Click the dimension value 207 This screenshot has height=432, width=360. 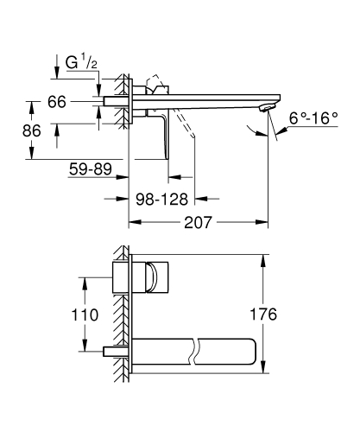(x=197, y=223)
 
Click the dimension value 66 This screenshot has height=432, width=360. (x=57, y=102)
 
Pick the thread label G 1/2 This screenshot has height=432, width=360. (x=80, y=63)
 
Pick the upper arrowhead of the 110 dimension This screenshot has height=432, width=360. (x=84, y=281)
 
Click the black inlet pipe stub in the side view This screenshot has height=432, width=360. (x=115, y=102)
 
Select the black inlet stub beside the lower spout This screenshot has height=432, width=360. (x=112, y=352)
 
